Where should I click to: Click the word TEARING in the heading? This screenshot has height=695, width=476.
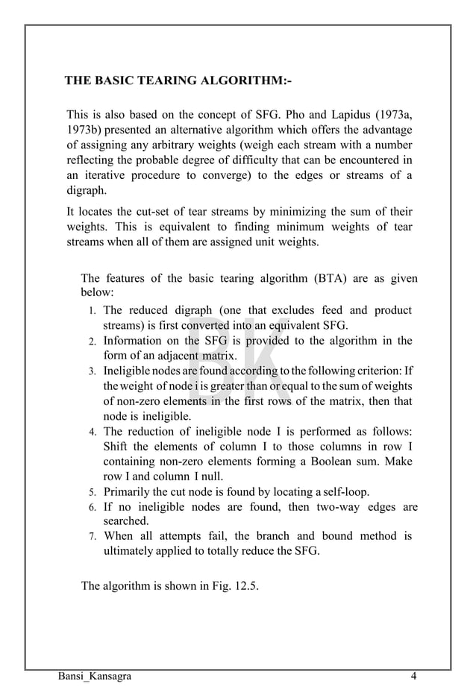(164, 81)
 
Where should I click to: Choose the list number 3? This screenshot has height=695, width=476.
(90, 371)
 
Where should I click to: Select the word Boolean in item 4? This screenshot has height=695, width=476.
(344, 462)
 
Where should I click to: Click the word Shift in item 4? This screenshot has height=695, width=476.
(117, 447)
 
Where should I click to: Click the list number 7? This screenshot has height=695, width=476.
(90, 537)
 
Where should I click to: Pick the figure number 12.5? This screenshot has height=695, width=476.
(242, 585)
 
